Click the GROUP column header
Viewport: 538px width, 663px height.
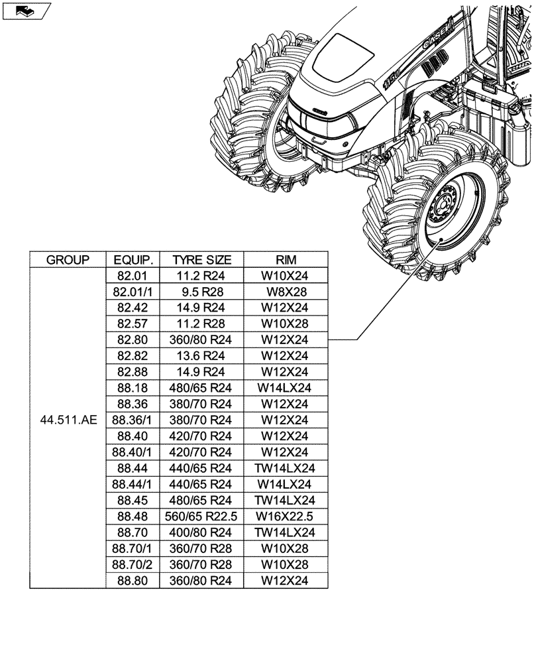(x=68, y=260)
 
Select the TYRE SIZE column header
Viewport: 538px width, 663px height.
(x=202, y=260)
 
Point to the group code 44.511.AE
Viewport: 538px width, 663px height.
(x=68, y=420)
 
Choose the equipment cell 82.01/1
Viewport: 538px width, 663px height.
(x=133, y=292)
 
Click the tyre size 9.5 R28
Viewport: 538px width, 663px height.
(x=202, y=292)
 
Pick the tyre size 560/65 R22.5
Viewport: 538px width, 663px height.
(x=202, y=516)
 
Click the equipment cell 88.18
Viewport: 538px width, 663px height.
(x=133, y=388)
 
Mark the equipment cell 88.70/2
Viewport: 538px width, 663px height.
(x=133, y=564)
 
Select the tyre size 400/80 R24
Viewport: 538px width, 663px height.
(x=202, y=532)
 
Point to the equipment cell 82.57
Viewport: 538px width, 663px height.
(x=133, y=324)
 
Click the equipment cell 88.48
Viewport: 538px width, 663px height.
(x=133, y=516)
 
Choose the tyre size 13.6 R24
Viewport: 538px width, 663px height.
(x=202, y=356)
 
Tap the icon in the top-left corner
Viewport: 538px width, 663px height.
(x=26, y=11)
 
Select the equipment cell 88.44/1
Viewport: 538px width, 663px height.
(x=133, y=484)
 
